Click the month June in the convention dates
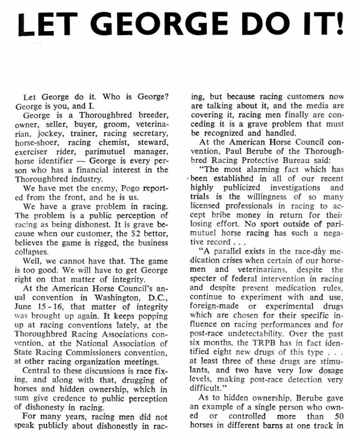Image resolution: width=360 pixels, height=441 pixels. click(x=23, y=306)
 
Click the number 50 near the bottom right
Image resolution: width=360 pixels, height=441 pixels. click(x=338, y=416)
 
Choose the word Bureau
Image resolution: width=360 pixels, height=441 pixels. click(x=314, y=160)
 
